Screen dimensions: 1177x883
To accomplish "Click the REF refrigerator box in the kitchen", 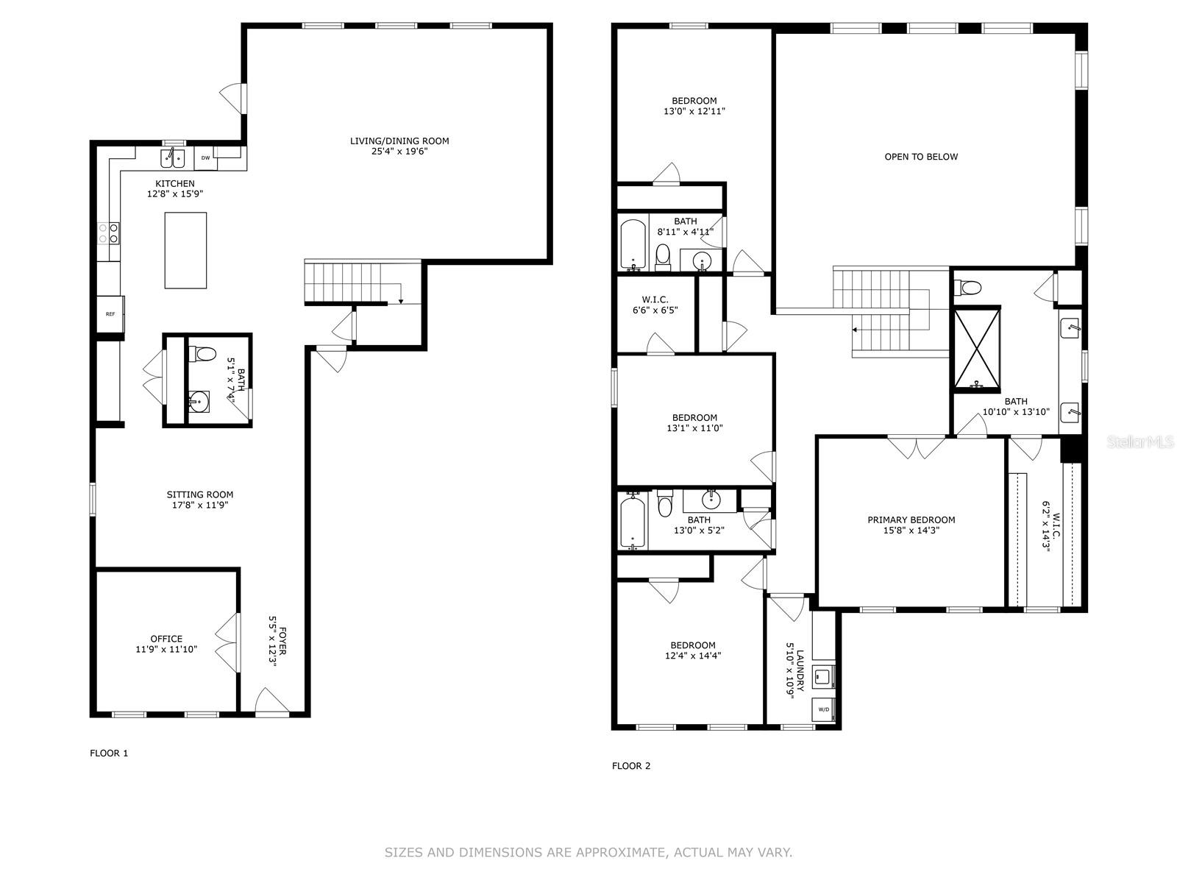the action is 110,313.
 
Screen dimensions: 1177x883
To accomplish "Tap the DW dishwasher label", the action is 205,157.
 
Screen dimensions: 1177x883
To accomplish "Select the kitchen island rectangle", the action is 185,250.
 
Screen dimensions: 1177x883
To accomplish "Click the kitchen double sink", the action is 173,159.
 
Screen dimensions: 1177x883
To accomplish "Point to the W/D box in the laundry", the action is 824,710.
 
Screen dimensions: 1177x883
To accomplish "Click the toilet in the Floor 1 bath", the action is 203,352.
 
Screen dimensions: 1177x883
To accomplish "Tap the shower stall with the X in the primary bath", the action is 977,349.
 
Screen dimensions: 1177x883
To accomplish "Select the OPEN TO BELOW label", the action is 921,157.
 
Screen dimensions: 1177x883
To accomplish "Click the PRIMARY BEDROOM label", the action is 911,519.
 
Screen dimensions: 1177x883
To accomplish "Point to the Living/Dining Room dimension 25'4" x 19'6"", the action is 399,151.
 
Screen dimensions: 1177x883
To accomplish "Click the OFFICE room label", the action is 166,639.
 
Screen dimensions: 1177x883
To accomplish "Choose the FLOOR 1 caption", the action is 109,753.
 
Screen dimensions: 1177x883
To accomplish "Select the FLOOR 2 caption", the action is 631,765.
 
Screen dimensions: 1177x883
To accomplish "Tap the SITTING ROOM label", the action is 200,494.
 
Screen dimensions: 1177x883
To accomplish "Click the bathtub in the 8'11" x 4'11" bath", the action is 633,244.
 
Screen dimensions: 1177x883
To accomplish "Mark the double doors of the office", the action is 227,642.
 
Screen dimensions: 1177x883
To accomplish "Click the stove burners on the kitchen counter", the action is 108,233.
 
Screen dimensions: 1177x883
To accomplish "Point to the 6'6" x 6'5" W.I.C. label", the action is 655,305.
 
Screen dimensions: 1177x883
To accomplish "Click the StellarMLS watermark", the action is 1139,441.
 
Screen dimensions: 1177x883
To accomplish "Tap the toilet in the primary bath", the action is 967,288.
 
